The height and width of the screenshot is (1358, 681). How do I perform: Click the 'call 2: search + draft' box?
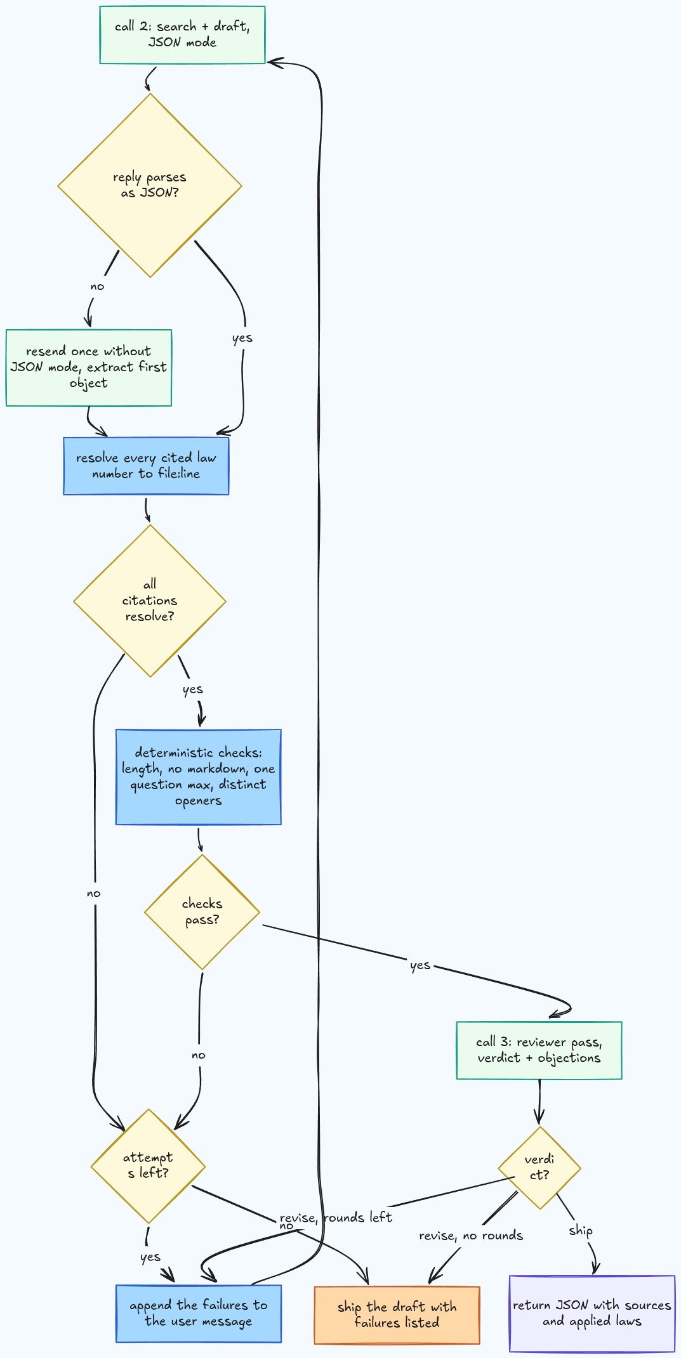182,35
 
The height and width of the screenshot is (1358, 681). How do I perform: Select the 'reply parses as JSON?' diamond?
150,185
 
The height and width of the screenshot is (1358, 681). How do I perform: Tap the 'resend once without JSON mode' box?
89,367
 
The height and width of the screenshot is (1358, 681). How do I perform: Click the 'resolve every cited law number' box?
146,466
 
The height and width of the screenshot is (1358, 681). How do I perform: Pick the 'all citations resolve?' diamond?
150,601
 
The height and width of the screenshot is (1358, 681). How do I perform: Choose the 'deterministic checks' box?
198,777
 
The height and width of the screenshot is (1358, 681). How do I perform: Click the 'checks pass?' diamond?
202,912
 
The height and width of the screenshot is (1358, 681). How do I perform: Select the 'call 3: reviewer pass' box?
539,1050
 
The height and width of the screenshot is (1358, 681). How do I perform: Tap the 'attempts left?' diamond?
149,1166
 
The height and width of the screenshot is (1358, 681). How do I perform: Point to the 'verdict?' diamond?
539,1167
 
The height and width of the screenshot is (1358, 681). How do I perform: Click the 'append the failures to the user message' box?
198,1313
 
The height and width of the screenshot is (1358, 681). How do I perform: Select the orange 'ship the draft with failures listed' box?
397,1314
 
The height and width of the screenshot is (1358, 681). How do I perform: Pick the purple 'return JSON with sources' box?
592,1313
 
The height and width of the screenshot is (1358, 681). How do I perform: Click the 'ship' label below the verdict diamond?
581,1231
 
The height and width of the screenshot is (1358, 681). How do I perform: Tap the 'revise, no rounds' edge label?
471,1236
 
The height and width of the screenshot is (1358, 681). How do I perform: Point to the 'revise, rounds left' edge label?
336,1218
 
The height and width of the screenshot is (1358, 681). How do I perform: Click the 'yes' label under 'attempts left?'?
150,1257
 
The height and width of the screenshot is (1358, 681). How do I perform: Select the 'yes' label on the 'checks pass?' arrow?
420,965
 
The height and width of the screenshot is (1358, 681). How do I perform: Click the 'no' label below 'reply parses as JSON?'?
97,286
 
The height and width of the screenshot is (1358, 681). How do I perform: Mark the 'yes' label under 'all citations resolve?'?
193,689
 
